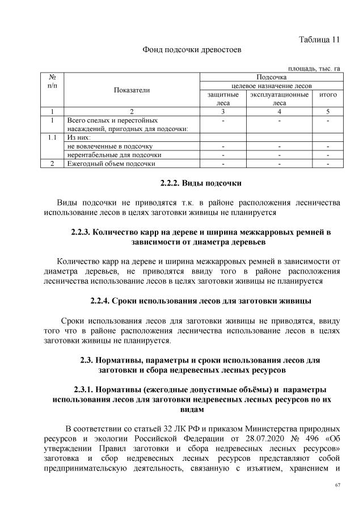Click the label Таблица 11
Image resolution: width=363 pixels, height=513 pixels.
tap(319, 39)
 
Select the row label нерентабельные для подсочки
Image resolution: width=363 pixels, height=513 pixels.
tap(115, 154)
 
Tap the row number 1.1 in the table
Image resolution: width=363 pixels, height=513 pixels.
tap(52, 137)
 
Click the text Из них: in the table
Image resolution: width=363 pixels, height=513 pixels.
tap(79, 137)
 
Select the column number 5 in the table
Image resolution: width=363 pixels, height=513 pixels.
tap(328, 112)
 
